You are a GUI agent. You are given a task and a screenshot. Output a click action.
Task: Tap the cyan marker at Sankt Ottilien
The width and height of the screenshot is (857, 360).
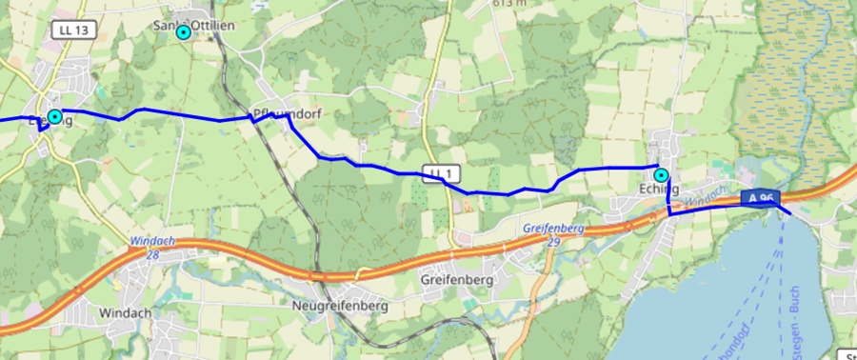click(184, 32)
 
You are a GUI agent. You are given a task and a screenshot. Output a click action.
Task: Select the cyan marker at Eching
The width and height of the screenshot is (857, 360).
click(661, 175)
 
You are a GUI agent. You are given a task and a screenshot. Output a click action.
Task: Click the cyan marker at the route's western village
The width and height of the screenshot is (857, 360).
click(55, 116)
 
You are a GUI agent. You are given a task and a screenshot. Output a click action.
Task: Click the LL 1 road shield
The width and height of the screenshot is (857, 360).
click(441, 172)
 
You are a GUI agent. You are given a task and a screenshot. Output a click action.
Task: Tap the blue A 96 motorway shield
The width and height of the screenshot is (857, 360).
click(760, 198)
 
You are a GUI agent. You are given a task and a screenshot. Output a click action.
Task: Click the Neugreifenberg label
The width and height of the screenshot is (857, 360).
click(339, 308)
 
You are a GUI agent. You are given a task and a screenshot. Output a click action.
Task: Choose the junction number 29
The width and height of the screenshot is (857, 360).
click(555, 242)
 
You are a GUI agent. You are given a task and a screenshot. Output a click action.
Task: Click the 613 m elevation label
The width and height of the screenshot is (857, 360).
click(510, 4)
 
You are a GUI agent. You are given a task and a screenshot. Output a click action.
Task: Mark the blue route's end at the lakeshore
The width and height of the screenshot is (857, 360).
click(790, 215)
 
